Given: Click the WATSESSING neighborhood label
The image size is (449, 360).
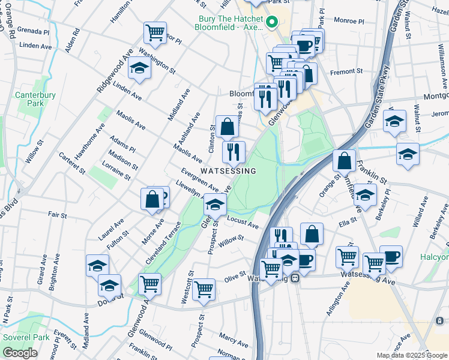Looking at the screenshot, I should coord(228,171).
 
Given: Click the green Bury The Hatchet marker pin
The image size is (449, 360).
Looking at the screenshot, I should coord(271,23).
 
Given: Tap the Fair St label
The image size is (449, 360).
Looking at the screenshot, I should coord(57,214).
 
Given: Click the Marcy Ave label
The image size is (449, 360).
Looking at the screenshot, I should coord(234,338).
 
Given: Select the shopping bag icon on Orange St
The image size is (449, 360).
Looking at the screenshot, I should coord(344,160).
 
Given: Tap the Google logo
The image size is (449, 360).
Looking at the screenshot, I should coord(20,353).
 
